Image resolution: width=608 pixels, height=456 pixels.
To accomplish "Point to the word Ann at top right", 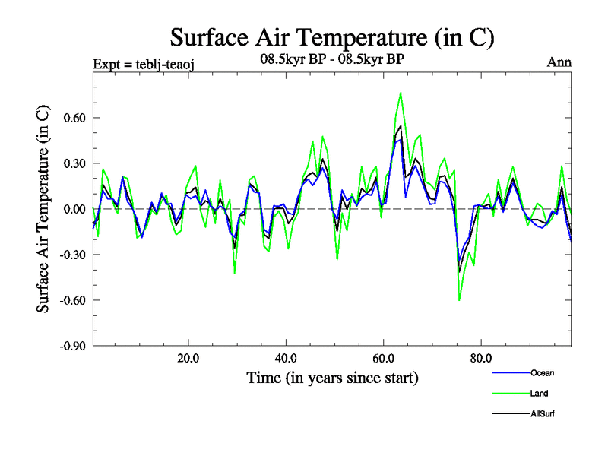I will click(x=559, y=62).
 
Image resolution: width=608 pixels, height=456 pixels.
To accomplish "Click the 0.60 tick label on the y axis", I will click(x=74, y=118).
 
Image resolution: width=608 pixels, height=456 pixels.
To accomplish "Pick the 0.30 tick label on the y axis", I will click(x=74, y=163).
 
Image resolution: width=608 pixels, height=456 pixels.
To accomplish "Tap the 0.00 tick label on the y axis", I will click(x=74, y=209).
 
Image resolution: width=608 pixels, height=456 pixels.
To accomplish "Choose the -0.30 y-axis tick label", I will click(x=72, y=255).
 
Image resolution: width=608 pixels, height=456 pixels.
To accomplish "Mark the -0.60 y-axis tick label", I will click(x=72, y=300).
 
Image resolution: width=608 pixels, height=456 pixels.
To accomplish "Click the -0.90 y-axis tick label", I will click(x=72, y=346).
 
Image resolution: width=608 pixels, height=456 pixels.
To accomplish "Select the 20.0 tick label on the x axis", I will click(x=188, y=358).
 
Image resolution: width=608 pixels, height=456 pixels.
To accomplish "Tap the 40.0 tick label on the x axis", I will click(x=285, y=358).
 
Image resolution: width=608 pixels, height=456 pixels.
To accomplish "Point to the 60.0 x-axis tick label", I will click(x=383, y=358).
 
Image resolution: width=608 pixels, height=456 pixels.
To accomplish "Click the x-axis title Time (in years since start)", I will click(x=332, y=378).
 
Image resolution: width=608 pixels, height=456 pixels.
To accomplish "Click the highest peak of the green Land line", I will click(x=401, y=93).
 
